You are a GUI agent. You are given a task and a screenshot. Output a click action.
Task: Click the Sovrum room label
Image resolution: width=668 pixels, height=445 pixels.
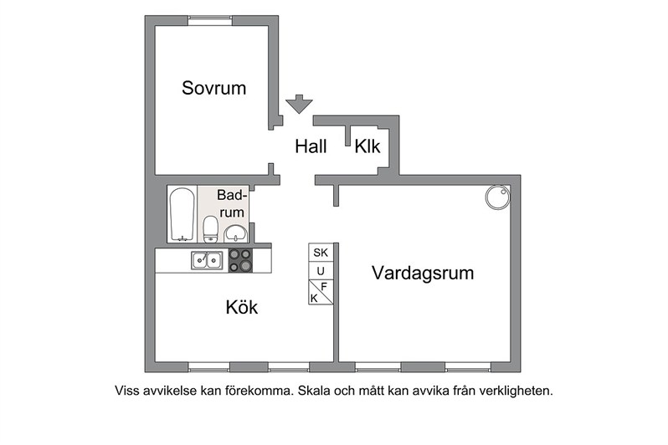click(x=213, y=88)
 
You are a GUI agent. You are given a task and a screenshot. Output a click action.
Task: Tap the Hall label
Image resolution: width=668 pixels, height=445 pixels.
click(x=311, y=146)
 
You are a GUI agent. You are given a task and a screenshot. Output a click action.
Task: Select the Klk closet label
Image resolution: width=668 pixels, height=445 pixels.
click(x=367, y=146)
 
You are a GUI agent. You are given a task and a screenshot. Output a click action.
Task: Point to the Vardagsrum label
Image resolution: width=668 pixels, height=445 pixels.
click(x=423, y=273)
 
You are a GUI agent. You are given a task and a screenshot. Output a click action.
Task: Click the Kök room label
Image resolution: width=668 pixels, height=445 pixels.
click(x=242, y=307)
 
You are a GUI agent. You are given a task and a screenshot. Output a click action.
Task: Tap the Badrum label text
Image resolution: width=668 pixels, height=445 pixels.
click(x=232, y=203)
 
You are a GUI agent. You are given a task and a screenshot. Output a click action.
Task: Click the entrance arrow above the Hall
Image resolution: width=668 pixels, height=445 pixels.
click(x=299, y=104)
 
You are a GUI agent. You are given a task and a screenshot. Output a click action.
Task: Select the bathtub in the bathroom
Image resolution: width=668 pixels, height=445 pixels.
click(x=182, y=215)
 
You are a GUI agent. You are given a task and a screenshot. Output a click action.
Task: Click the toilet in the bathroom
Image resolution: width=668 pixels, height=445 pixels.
click(x=210, y=229)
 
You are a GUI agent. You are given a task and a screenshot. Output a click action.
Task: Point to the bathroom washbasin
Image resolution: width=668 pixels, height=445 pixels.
click(x=235, y=233)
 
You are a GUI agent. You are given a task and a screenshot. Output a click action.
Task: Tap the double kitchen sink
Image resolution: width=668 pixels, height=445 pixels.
click(x=207, y=260)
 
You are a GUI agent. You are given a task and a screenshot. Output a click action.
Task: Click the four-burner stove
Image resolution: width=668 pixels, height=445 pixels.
click(x=241, y=260)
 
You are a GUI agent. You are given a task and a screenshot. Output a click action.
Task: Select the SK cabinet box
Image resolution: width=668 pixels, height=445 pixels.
click(x=321, y=253)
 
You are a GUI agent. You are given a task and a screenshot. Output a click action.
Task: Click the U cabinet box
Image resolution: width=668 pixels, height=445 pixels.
click(x=321, y=271)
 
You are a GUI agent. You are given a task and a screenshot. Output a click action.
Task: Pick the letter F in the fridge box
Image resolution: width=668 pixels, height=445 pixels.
click(x=324, y=287)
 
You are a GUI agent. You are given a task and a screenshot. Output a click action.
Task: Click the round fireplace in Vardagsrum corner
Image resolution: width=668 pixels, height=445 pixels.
click(x=497, y=197)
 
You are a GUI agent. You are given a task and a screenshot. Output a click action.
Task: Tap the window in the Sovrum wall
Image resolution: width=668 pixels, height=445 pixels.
click(x=210, y=20)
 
